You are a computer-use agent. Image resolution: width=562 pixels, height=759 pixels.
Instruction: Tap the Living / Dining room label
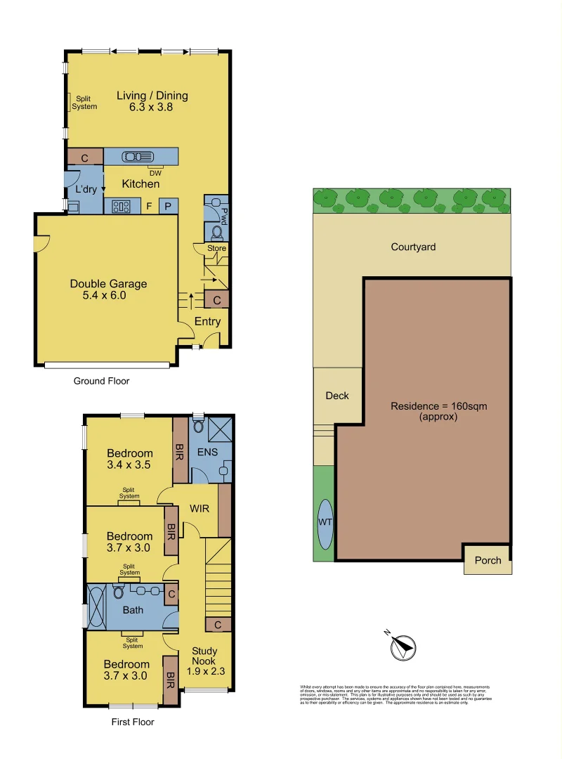[152, 96]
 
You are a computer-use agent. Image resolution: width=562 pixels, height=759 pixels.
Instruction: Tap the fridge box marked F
[148, 207]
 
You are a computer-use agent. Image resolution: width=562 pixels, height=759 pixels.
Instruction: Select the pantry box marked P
[169, 206]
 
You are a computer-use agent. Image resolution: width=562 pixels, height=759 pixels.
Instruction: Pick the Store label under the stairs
[216, 248]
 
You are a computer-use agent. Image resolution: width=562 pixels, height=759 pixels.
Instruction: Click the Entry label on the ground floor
[207, 322]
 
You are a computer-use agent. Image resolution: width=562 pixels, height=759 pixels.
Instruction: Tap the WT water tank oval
[325, 524]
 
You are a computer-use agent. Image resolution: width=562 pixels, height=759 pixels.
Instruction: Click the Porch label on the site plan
[488, 560]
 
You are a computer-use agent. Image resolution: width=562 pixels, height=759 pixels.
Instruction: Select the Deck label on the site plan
[337, 396]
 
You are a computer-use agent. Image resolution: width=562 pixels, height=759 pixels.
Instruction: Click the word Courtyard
[413, 247]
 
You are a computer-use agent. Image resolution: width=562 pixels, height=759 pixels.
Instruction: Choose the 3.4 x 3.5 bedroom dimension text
[129, 465]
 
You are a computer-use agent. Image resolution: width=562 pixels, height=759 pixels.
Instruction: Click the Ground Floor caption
[102, 381]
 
